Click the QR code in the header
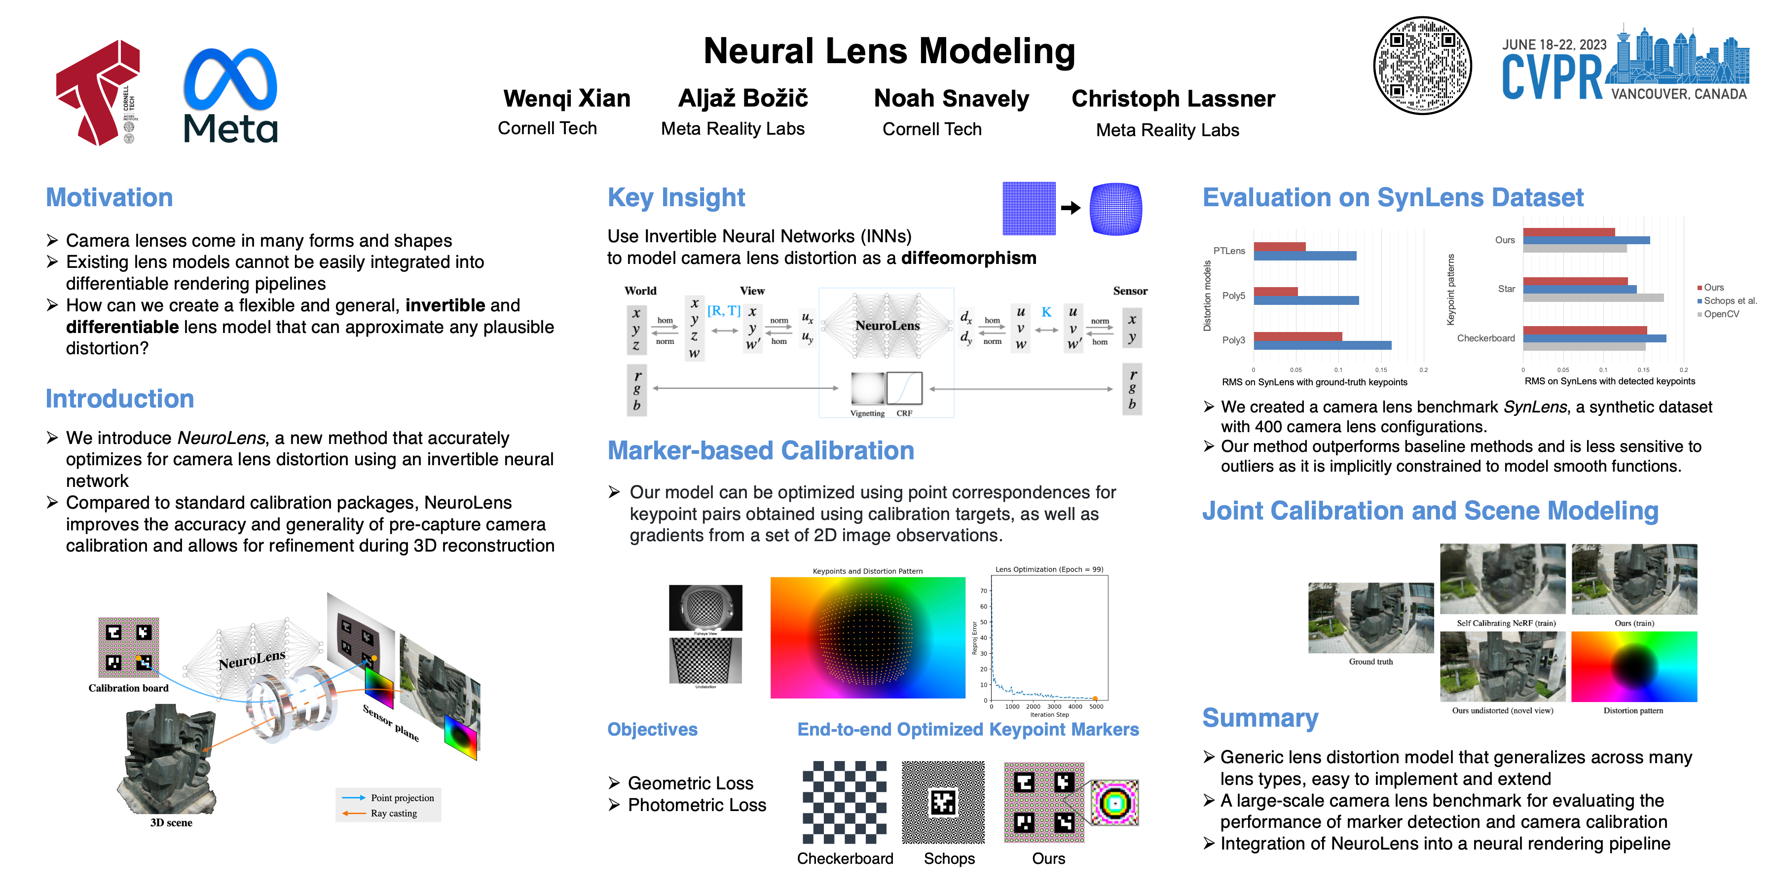pyautogui.click(x=1422, y=66)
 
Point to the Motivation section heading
pyautogui.click(x=109, y=198)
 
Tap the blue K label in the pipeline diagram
pyautogui.click(x=1046, y=312)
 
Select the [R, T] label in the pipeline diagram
pyautogui.click(x=723, y=311)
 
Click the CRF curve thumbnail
pyautogui.click(x=904, y=388)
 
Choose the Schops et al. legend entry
pyautogui.click(x=1729, y=300)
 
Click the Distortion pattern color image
pyautogui.click(x=1633, y=666)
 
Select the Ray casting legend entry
pyautogui.click(x=393, y=814)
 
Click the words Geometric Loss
pyautogui.click(x=690, y=783)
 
